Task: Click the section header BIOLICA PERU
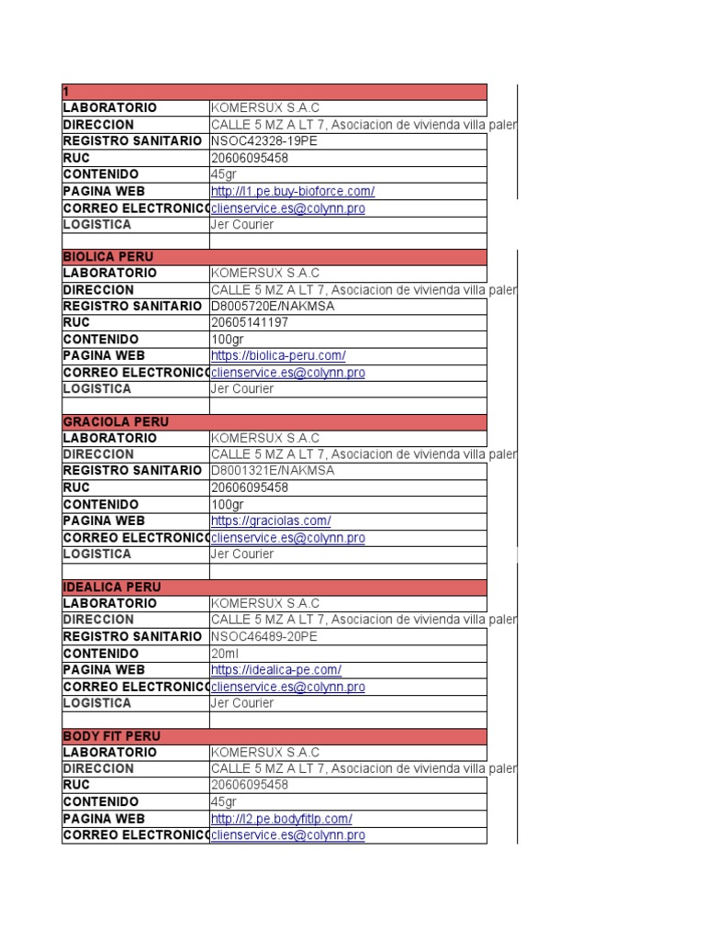[x=108, y=257]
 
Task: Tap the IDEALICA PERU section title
[x=112, y=587]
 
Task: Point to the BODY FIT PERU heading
[x=111, y=736]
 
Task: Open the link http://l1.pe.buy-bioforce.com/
[x=292, y=192]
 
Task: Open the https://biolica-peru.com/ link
[x=278, y=356]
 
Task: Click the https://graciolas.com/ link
[x=271, y=521]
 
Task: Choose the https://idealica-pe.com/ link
[x=276, y=670]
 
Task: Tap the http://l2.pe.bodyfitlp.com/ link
[x=281, y=819]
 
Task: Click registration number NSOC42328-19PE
[x=265, y=141]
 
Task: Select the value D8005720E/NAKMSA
[x=273, y=306]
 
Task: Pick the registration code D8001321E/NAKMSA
[x=273, y=471]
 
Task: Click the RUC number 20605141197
[x=250, y=323]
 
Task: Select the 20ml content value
[x=224, y=654]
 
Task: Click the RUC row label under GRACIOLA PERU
[x=76, y=487]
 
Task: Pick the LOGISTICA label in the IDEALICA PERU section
[x=96, y=703]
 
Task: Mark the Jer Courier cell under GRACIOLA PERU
[x=242, y=554]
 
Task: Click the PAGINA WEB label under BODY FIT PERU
[x=104, y=819]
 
